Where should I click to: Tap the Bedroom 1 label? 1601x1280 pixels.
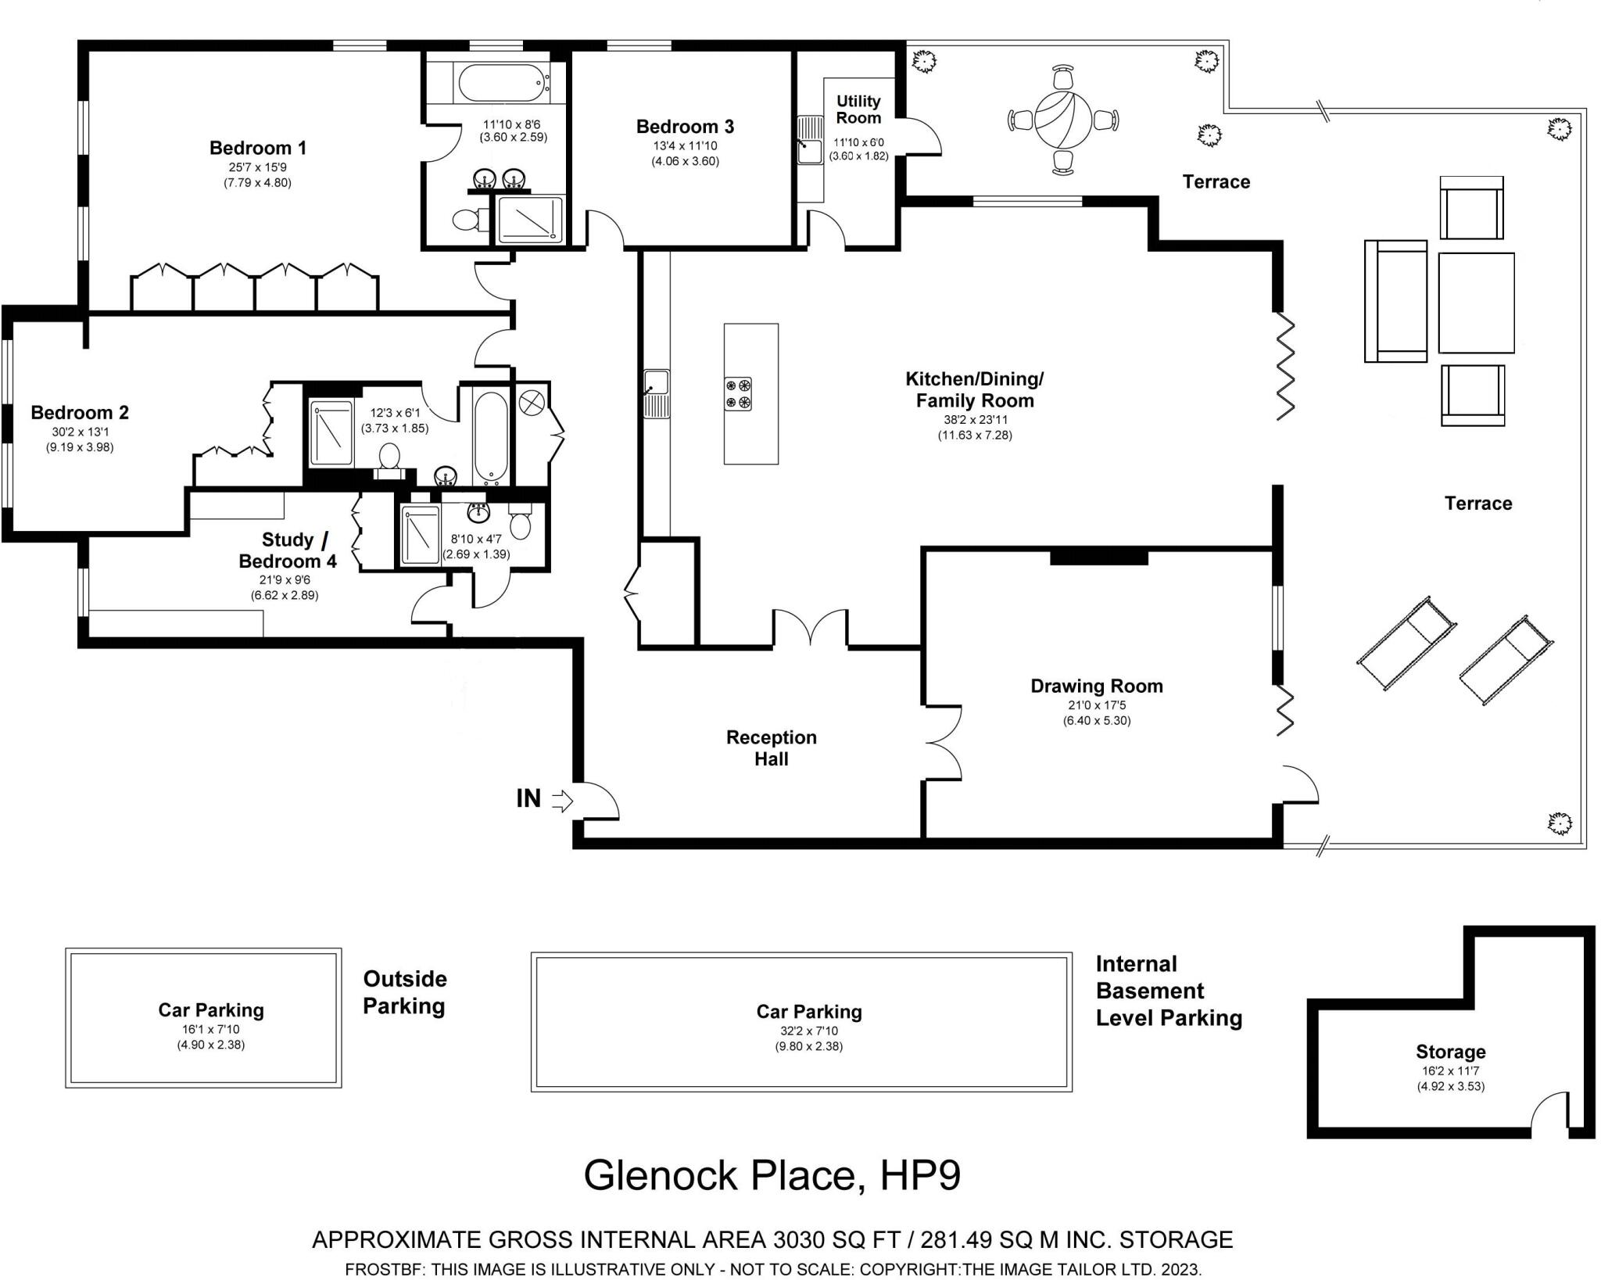[x=258, y=148]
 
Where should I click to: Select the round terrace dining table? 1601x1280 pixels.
[x=1063, y=120]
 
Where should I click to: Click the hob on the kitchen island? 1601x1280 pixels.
[x=738, y=393]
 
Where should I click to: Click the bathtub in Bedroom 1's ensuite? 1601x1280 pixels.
[x=502, y=84]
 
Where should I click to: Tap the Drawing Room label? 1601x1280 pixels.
[x=1096, y=686]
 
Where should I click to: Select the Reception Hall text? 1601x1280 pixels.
[x=771, y=748]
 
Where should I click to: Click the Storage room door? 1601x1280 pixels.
[x=1550, y=1114]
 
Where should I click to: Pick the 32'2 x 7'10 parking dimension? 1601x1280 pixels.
[x=808, y=1031]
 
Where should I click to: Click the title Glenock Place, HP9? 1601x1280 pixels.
[x=772, y=1175]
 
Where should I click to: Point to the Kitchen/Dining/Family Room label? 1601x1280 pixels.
[x=974, y=389]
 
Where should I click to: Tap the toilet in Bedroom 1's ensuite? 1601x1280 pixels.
[x=467, y=221]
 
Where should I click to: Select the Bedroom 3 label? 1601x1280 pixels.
[x=685, y=127]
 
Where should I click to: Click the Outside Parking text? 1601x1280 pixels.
[x=405, y=992]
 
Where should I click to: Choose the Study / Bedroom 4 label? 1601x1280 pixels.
[x=288, y=550]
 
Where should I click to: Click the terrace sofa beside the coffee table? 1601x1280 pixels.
[x=1395, y=301]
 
